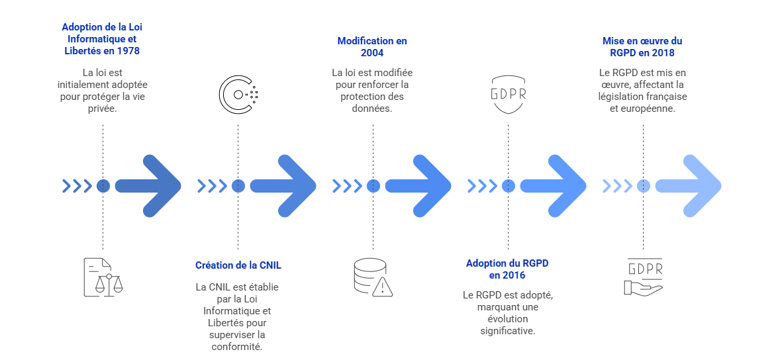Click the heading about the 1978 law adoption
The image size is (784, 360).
(x=102, y=38)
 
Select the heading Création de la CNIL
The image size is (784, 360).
(x=238, y=265)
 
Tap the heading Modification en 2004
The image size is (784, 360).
(x=372, y=46)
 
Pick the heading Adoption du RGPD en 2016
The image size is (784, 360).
(x=507, y=269)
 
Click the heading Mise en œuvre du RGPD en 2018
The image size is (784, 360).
(x=642, y=46)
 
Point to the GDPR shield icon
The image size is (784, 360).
(x=508, y=94)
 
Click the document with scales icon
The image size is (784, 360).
(x=103, y=276)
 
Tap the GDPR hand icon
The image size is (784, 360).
(x=643, y=276)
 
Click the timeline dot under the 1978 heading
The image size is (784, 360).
(x=103, y=186)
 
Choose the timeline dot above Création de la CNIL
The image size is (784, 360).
(x=238, y=186)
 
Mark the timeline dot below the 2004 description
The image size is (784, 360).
(x=373, y=186)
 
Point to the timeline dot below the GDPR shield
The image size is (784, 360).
(x=508, y=186)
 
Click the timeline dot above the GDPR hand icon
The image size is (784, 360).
(x=643, y=186)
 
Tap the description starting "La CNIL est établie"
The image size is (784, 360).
(x=238, y=316)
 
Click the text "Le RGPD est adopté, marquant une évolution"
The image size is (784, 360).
(x=507, y=312)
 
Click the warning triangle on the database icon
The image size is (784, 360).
(x=383, y=287)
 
